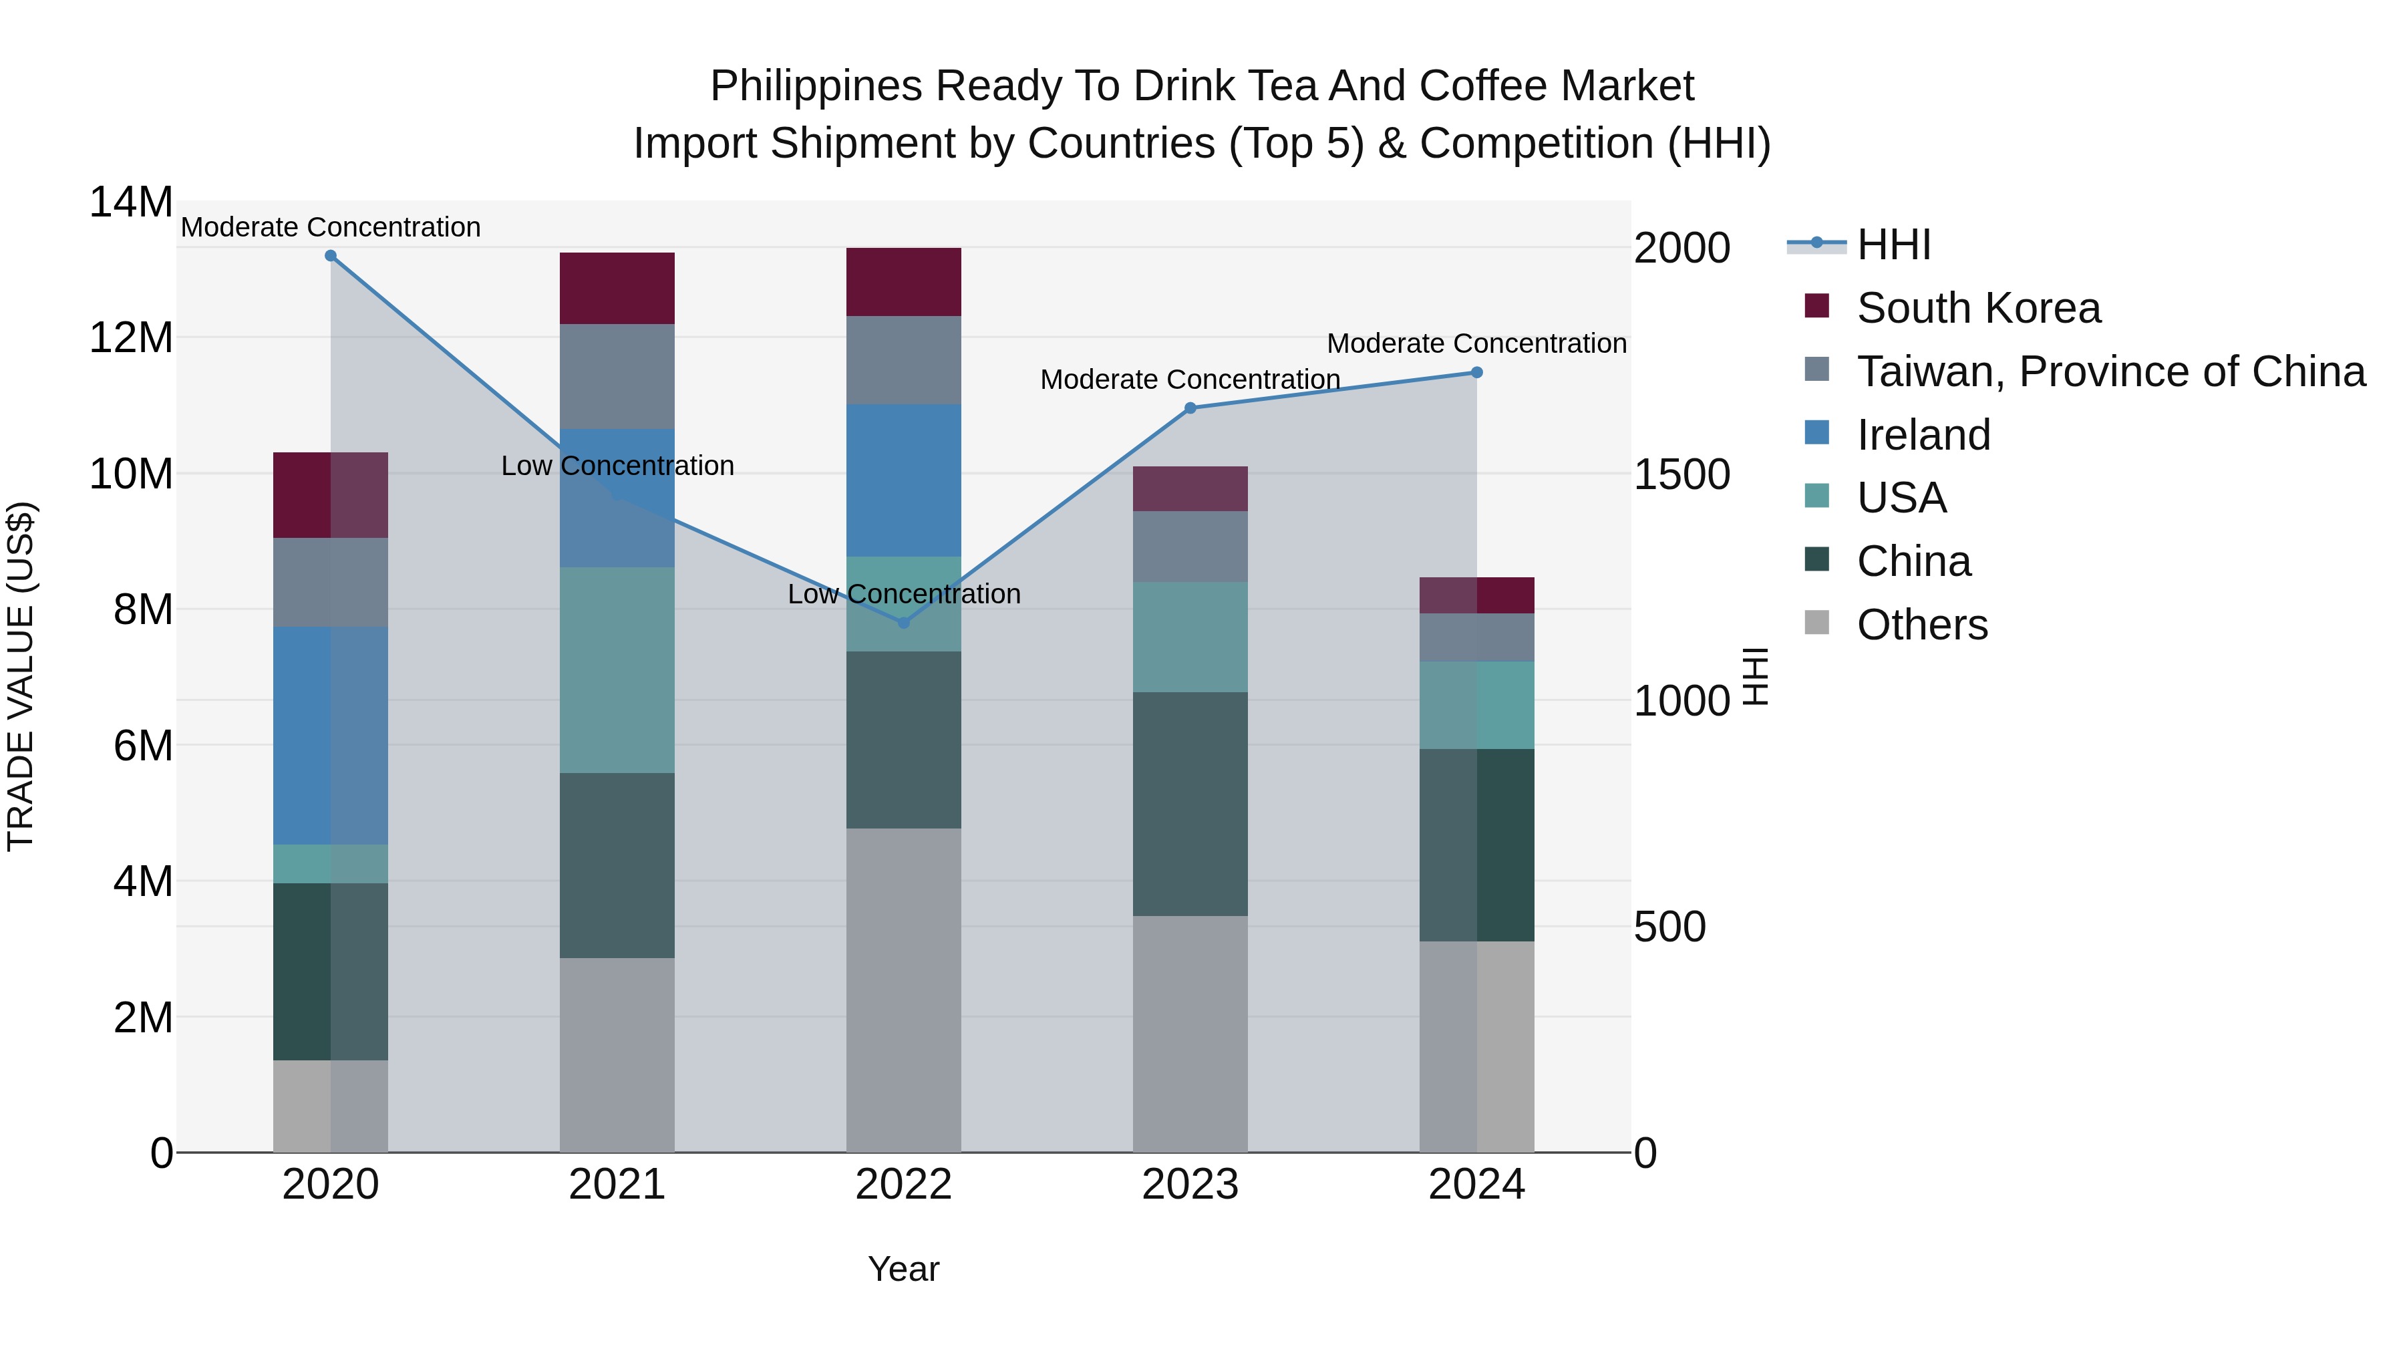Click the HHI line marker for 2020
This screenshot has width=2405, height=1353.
pos(331,256)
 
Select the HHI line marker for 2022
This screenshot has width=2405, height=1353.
pos(903,623)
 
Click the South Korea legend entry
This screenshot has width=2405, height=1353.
pos(1977,308)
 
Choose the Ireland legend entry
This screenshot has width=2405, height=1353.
pos(1923,435)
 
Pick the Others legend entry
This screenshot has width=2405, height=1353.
pos(1921,625)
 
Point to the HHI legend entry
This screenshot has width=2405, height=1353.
pos(1893,245)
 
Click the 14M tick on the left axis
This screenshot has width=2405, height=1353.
pos(131,202)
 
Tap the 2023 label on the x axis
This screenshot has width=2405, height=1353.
pos(1189,1185)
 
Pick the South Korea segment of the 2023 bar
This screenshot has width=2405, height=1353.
pos(1189,488)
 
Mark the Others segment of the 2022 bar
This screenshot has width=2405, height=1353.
pos(903,990)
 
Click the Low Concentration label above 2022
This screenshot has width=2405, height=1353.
pos(903,594)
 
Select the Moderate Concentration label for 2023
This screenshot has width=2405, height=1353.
pos(1189,380)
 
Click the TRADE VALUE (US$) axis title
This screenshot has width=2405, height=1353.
pos(21,676)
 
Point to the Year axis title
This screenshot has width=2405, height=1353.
pos(903,1269)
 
